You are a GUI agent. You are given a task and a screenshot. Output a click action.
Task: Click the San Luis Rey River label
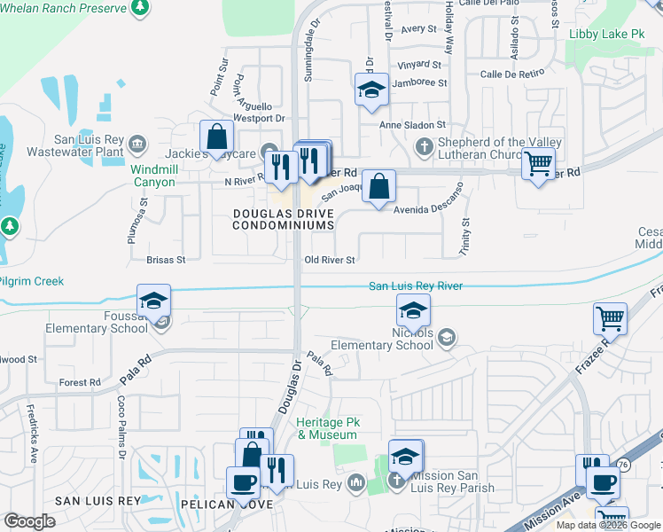416,286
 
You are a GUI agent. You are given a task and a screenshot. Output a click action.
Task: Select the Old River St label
329,261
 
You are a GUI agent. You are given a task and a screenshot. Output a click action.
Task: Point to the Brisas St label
167,261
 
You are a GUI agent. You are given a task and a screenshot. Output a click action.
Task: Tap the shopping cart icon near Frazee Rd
610,318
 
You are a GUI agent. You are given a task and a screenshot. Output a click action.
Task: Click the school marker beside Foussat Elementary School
153,299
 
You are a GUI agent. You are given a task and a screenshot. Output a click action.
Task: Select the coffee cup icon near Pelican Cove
243,482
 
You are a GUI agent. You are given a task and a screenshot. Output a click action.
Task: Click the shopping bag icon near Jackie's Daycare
216,137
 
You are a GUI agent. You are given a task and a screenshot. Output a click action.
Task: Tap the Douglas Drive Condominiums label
284,219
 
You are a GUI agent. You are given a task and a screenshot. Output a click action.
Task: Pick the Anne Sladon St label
412,126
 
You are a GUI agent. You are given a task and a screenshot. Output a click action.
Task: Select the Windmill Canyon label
153,176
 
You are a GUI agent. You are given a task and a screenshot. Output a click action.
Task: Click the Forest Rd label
80,383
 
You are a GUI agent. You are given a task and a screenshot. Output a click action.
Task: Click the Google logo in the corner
29,521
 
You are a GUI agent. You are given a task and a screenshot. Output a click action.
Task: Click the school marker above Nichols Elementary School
413,311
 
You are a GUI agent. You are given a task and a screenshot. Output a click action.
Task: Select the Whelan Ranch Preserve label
66,8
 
